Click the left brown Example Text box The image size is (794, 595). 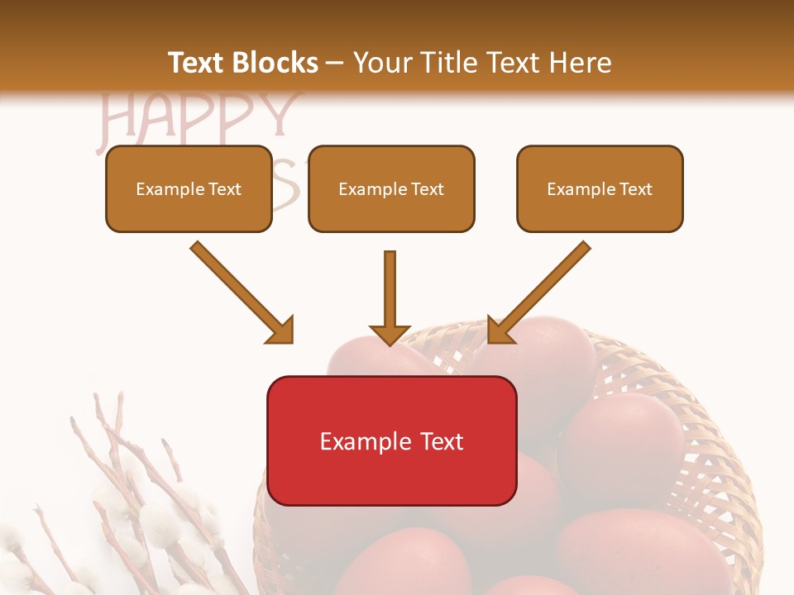point(189,188)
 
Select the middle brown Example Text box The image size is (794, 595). point(391,188)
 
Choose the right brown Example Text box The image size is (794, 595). point(600,188)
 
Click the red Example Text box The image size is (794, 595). point(391,440)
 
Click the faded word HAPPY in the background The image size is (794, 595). point(198,116)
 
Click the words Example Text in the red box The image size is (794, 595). point(391,441)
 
